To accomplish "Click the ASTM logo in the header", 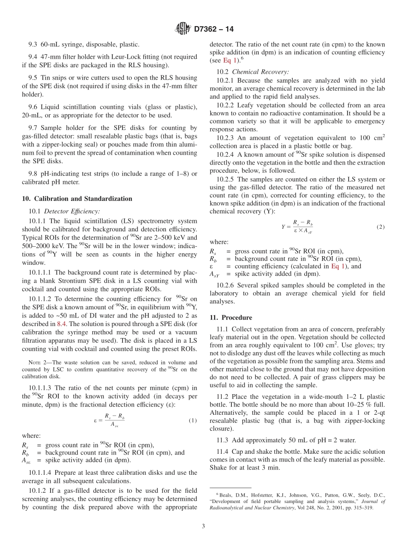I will coord(183,29).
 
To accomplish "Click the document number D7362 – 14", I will coord(214,30).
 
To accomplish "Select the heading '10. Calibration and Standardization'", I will coord(77,199).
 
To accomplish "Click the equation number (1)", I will coord(193,420).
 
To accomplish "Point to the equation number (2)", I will coord(380,227).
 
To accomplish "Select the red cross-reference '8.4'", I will coord(62,324).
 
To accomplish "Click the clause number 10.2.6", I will coord(226,285).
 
